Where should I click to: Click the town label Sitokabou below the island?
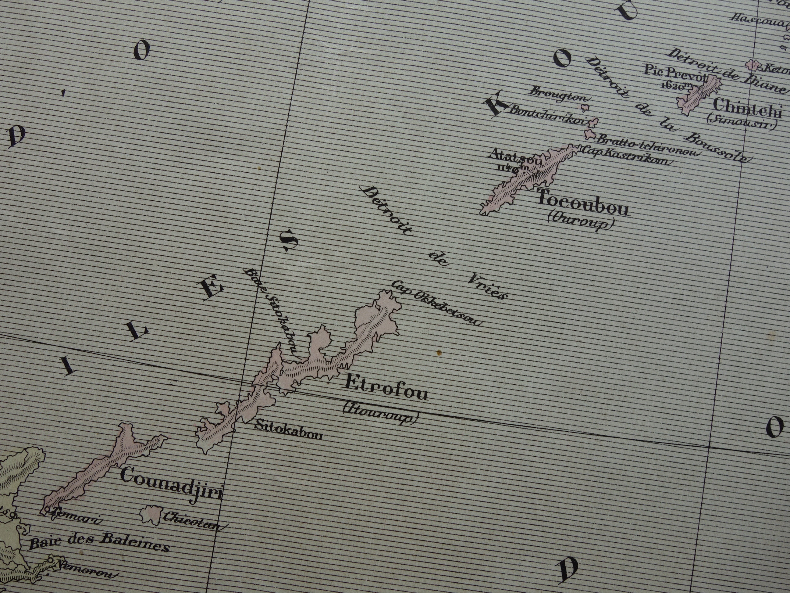[288, 433]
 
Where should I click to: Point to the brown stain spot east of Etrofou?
[439, 353]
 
